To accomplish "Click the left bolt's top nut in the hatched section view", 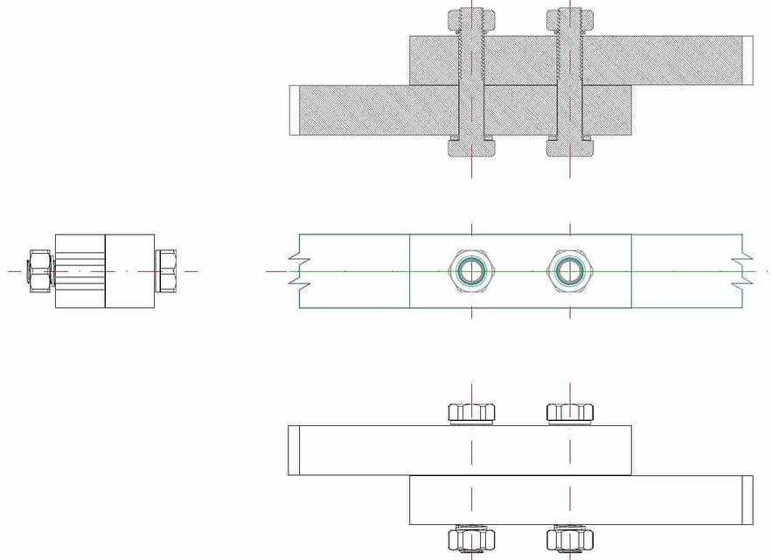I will pyautogui.click(x=472, y=18).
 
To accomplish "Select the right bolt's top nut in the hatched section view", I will pyautogui.click(x=571, y=18).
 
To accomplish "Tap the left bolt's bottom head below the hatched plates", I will pyautogui.click(x=472, y=148).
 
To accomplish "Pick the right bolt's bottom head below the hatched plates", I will pyautogui.click(x=571, y=148).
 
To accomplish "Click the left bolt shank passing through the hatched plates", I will pyautogui.click(x=472, y=87).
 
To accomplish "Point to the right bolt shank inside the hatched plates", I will pyautogui.click(x=571, y=87).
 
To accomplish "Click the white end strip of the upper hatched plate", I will pyautogui.click(x=748, y=60).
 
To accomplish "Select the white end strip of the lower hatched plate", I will pyautogui.click(x=294, y=110).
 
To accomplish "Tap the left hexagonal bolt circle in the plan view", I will pyautogui.click(x=472, y=271).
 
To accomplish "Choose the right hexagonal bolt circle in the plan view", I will pyautogui.click(x=571, y=271).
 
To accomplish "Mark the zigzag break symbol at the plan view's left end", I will pyautogui.click(x=298, y=271).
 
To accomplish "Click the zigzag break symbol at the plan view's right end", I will pyautogui.click(x=743, y=271).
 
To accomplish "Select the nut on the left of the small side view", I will pyautogui.click(x=39, y=271).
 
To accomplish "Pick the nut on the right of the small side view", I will pyautogui.click(x=166, y=271).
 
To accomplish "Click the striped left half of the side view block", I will pyautogui.click(x=80, y=271).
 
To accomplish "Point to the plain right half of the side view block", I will pyautogui.click(x=130, y=271).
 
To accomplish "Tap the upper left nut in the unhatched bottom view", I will pyautogui.click(x=472, y=412).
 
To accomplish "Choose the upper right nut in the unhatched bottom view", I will pyautogui.click(x=571, y=412).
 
